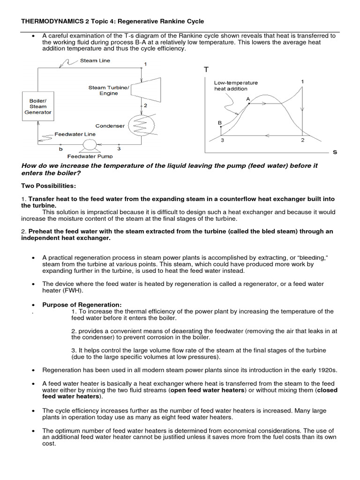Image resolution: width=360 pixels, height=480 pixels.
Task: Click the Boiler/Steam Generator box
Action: [x=40, y=106]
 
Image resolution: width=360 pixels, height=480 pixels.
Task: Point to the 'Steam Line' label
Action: [x=95, y=60]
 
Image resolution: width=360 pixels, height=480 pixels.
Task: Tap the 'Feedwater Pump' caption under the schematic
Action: [x=90, y=157]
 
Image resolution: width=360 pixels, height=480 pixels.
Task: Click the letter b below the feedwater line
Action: [x=60, y=149]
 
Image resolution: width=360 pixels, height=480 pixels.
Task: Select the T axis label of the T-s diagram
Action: [x=205, y=69]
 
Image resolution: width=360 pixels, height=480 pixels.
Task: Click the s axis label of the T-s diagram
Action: [x=335, y=152]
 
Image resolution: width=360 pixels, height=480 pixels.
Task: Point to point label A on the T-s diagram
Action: [x=248, y=99]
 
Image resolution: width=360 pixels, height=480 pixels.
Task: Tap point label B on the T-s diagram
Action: [x=219, y=123]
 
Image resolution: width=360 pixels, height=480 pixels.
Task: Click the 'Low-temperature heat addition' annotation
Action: [x=236, y=86]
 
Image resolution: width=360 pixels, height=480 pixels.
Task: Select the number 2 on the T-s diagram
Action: [x=302, y=140]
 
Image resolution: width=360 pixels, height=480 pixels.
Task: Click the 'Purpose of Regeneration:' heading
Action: [x=82, y=305]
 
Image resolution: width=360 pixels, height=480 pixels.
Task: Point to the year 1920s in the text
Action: [x=326, y=370]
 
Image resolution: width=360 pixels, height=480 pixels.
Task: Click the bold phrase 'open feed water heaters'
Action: [x=209, y=390]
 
